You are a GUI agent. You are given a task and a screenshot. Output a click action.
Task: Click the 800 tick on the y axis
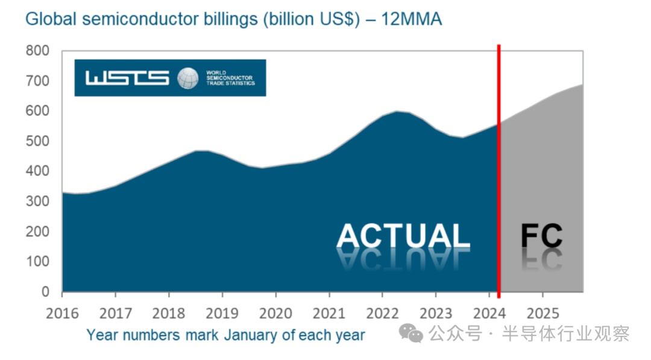click(x=37, y=51)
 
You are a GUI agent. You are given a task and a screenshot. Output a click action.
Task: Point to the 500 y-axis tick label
click(x=37, y=142)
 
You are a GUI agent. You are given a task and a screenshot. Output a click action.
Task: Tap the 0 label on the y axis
click(x=45, y=292)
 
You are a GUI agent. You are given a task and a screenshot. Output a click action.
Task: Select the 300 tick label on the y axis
click(x=37, y=202)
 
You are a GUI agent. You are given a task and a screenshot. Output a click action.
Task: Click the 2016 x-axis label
click(x=62, y=313)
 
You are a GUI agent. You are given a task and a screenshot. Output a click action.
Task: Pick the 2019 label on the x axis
click(x=222, y=313)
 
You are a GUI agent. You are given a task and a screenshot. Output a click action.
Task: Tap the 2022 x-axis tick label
click(x=382, y=313)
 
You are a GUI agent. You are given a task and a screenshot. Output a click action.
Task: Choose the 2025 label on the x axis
click(x=542, y=313)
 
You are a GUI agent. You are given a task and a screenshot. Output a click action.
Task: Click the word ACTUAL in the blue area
click(x=403, y=235)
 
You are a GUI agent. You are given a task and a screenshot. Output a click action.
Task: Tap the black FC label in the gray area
click(x=541, y=236)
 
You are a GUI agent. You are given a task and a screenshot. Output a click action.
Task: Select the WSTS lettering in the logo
click(x=127, y=78)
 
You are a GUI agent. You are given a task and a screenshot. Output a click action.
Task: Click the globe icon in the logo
click(x=187, y=78)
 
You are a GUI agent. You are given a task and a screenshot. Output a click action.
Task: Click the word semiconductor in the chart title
click(x=139, y=19)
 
